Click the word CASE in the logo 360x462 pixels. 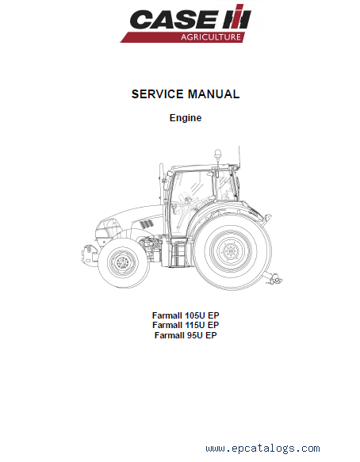point(174,20)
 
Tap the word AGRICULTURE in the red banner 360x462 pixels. point(211,37)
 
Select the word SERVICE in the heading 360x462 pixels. point(158,94)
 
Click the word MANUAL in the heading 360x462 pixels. point(214,94)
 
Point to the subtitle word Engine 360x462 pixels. point(186,118)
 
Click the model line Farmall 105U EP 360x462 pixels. point(186,315)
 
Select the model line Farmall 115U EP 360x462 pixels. point(186,325)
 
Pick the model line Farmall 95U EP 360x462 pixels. point(186,335)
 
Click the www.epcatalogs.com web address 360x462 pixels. point(263,449)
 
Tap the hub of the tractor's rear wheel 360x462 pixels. point(230,251)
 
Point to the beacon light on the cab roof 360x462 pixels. point(217,155)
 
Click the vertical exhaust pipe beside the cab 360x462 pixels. point(161,184)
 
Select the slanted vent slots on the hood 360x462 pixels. point(147,224)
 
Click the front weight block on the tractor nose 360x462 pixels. point(87,254)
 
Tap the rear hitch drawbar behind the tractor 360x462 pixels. point(274,278)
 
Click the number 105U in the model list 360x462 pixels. point(194,315)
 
